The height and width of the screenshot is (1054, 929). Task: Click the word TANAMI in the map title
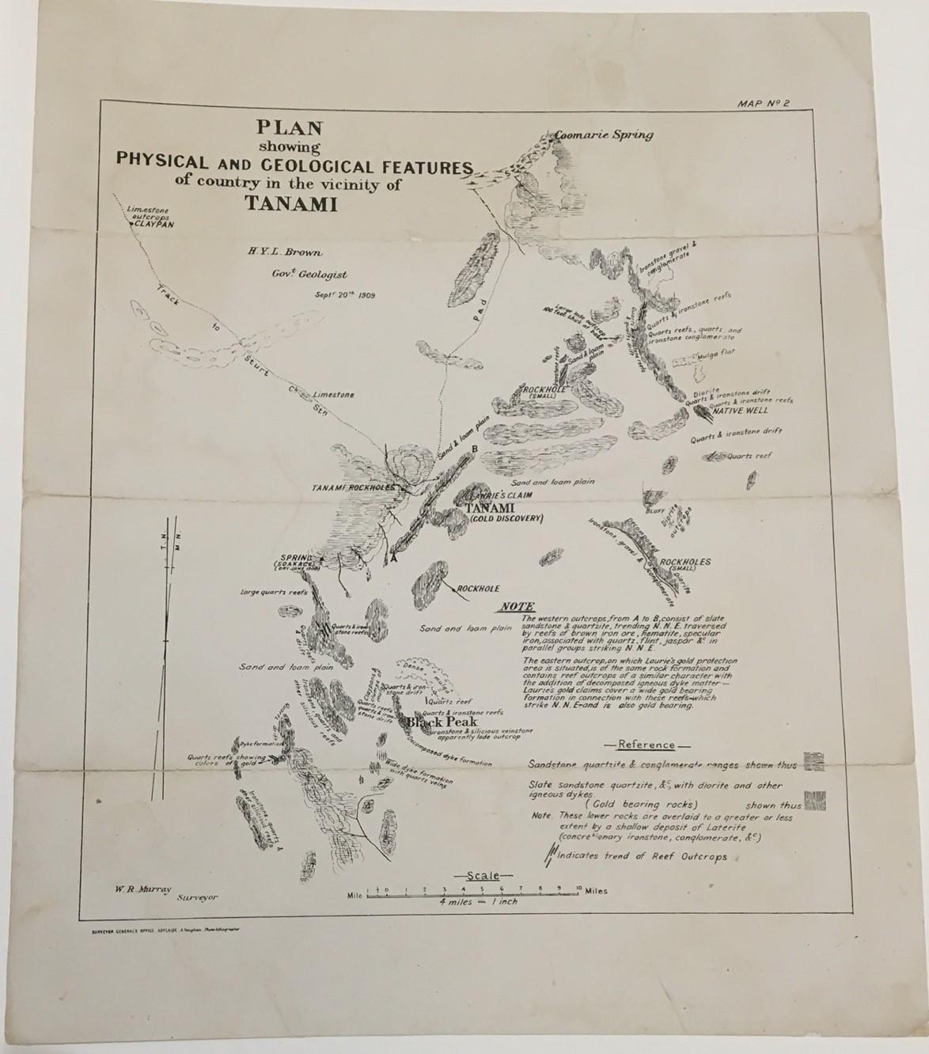[291, 204]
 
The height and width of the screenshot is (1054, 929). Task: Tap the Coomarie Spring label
[604, 135]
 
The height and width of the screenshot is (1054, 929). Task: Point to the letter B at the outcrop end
[474, 449]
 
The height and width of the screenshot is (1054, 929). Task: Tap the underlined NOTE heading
[514, 607]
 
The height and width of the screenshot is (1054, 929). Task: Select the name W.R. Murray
[139, 888]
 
